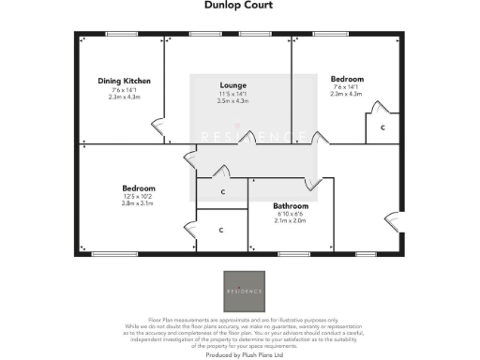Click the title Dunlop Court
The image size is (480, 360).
[x=240, y=5]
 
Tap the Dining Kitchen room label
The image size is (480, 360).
[x=125, y=82]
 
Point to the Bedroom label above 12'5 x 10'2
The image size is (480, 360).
[x=137, y=188]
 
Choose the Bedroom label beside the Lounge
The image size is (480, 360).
[x=347, y=79]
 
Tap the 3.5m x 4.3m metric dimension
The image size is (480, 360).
[x=232, y=100]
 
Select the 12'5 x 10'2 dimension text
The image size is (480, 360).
[x=137, y=196]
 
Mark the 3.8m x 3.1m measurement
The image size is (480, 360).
[x=137, y=203]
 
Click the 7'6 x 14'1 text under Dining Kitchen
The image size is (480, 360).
[x=125, y=90]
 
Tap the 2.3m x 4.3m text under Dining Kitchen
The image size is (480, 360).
[x=125, y=97]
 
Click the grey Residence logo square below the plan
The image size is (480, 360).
[x=243, y=292]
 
